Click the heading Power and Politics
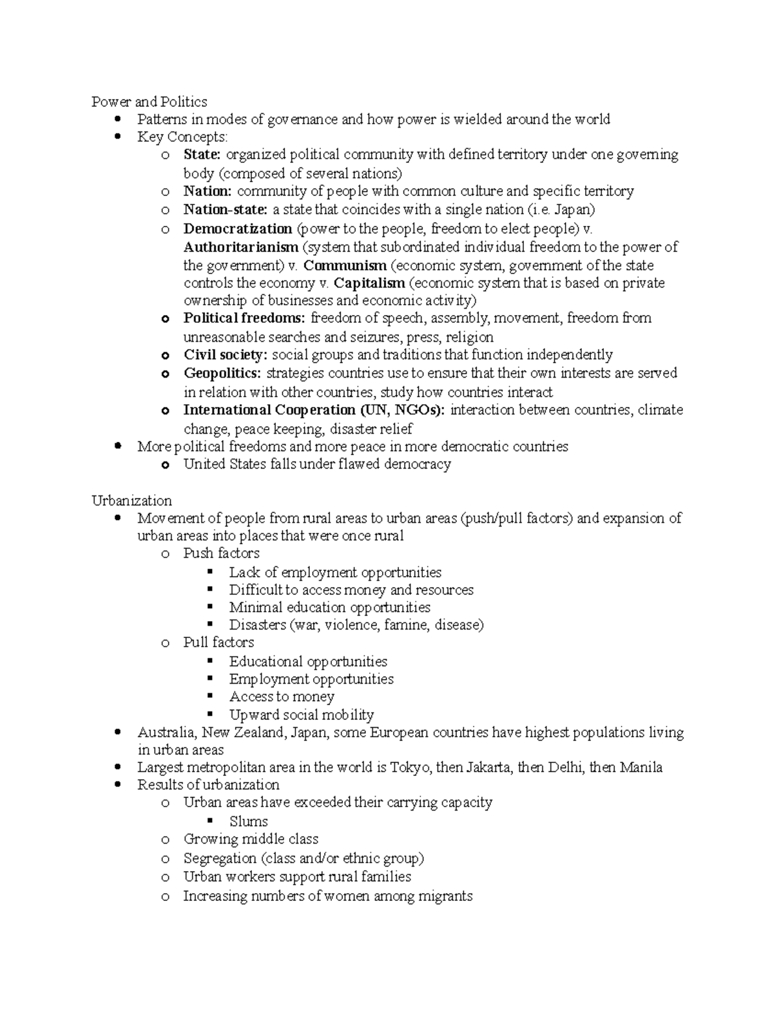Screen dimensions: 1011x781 149,102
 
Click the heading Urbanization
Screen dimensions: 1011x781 131,501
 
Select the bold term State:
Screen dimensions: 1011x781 202,155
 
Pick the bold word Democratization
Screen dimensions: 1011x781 238,229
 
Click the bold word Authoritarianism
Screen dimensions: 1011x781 241,247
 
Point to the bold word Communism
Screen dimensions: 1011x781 345,266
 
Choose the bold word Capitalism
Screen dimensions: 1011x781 369,283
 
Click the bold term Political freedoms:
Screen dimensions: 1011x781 244,318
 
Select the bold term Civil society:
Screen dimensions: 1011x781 225,355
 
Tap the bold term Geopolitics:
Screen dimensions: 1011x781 222,373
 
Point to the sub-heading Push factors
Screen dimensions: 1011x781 221,553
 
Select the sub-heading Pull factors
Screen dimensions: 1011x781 219,643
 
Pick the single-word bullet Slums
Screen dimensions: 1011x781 249,822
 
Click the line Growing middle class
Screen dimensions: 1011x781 251,839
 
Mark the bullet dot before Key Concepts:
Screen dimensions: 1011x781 118,137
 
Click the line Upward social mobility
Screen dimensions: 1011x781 301,715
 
